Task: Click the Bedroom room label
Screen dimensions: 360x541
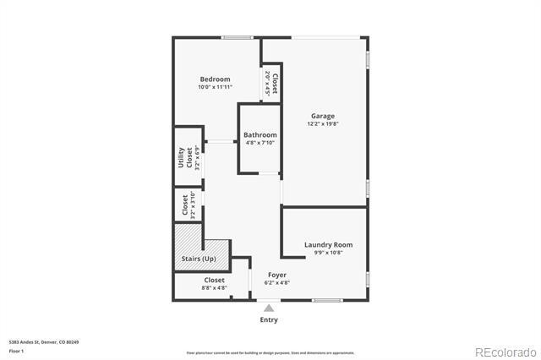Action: point(215,79)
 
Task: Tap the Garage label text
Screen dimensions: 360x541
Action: point(322,117)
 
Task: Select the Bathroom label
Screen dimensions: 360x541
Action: point(260,135)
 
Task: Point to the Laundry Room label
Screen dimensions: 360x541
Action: point(328,245)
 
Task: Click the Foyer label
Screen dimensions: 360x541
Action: point(277,275)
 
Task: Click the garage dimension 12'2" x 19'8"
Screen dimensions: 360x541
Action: point(322,124)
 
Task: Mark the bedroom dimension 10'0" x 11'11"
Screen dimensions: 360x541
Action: point(215,87)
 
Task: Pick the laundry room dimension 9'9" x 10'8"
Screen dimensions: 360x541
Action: point(328,253)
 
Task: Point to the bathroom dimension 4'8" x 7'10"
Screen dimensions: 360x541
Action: point(260,143)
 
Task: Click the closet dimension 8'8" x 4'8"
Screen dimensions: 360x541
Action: point(214,287)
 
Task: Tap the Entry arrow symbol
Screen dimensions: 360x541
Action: point(269,308)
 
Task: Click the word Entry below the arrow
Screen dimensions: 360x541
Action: point(269,320)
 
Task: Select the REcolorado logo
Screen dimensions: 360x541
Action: point(505,352)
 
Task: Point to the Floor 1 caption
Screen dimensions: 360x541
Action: point(16,351)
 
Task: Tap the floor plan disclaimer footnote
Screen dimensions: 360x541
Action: point(270,352)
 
